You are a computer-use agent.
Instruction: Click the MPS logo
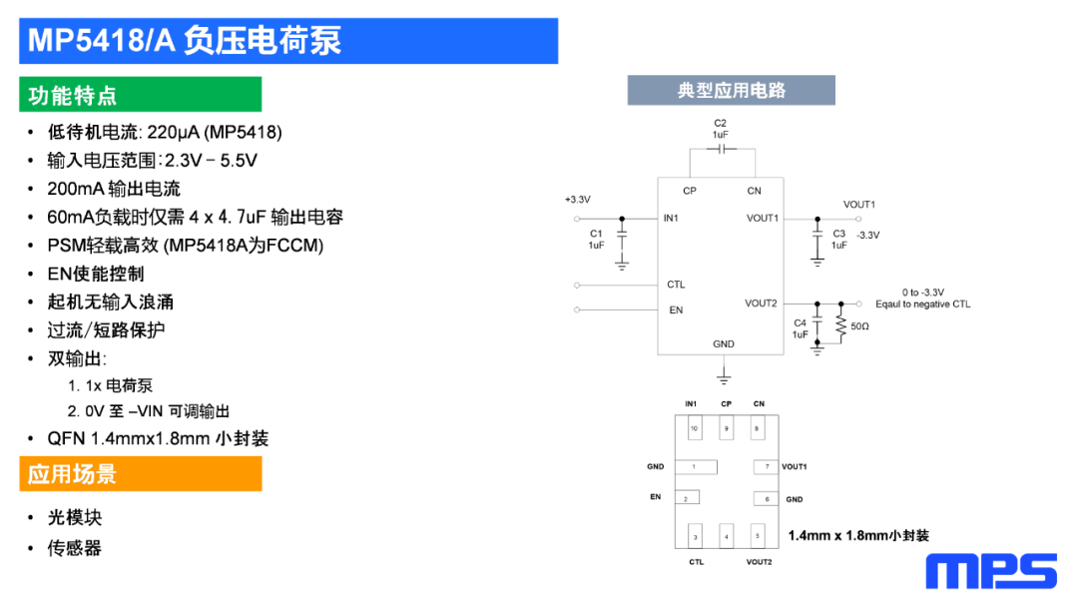tap(990, 571)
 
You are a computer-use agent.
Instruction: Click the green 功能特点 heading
tap(73, 95)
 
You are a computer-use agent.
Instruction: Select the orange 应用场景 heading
tap(73, 473)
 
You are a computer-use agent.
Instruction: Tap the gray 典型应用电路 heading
tap(731, 90)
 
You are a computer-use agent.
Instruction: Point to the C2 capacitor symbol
tap(720, 149)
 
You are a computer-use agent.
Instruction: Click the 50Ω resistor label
tap(859, 326)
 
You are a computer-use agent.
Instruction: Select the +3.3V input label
tap(578, 200)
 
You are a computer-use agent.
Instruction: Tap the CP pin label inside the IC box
tap(690, 191)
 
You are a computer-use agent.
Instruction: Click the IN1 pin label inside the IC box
tap(671, 218)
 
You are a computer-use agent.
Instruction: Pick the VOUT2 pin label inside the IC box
tap(761, 303)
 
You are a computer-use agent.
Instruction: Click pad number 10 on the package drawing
tap(694, 429)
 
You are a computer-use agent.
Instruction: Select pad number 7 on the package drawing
tap(766, 466)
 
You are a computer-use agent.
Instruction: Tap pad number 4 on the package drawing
tap(726, 537)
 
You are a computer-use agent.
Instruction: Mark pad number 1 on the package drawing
tap(696, 466)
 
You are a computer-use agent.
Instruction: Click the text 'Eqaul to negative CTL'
tap(922, 304)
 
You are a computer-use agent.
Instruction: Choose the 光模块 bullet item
tap(75, 517)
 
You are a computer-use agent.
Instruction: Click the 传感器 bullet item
tap(75, 547)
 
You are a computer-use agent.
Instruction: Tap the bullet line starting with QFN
tap(158, 438)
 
